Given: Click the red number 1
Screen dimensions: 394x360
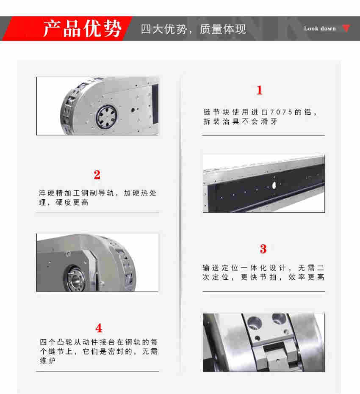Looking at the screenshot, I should pyautogui.click(x=260, y=90).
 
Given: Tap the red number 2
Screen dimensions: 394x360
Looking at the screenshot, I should pyautogui.click(x=97, y=175).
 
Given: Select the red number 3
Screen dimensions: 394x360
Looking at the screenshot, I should pyautogui.click(x=263, y=249).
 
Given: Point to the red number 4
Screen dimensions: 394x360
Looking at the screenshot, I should pyautogui.click(x=99, y=328).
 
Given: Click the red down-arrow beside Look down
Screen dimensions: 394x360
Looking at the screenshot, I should pyautogui.click(x=346, y=28).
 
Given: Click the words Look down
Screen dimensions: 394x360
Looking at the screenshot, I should pyautogui.click(x=320, y=29).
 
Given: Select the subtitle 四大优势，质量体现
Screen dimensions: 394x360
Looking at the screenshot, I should pyautogui.click(x=193, y=29).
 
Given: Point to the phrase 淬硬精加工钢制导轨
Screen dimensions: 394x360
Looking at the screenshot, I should pyautogui.click(x=78, y=193).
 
